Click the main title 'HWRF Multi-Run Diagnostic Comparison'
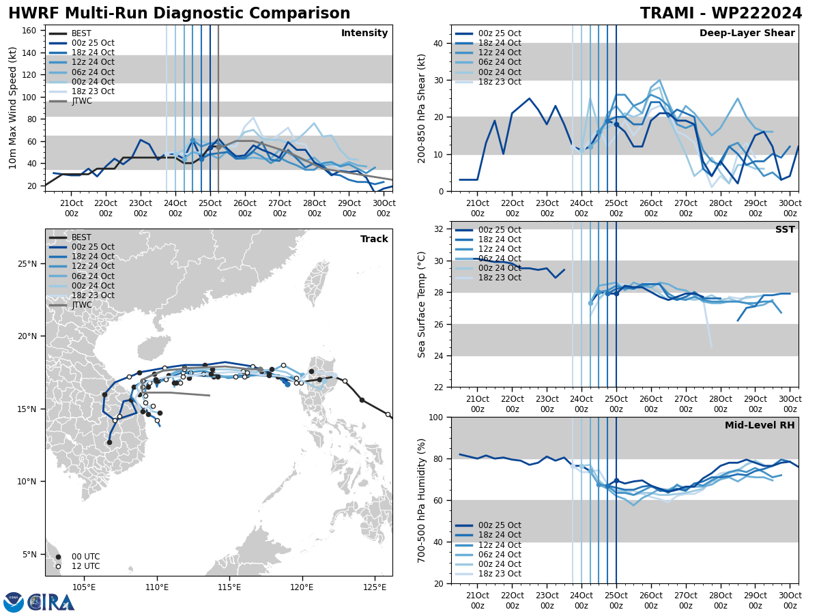click(x=179, y=14)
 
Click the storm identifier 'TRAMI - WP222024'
click(x=721, y=14)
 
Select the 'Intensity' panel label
click(x=364, y=33)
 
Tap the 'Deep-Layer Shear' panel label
click(x=747, y=33)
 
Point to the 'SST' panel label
click(x=784, y=230)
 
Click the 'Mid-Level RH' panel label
click(x=760, y=426)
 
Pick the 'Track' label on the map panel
click(x=374, y=239)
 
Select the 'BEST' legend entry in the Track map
click(x=81, y=237)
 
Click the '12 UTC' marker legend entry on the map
click(x=85, y=566)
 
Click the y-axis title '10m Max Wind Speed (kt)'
click(x=13, y=108)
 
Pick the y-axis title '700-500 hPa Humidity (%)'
click(x=422, y=500)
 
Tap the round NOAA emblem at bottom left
click(x=14, y=602)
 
